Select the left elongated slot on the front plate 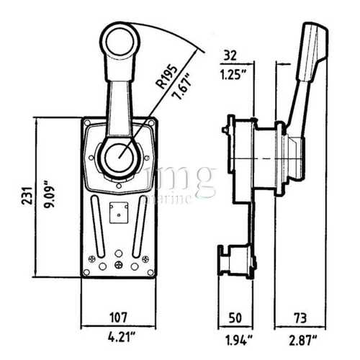coord(94,220)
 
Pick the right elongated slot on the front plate coord(140,220)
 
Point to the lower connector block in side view coord(238,262)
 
